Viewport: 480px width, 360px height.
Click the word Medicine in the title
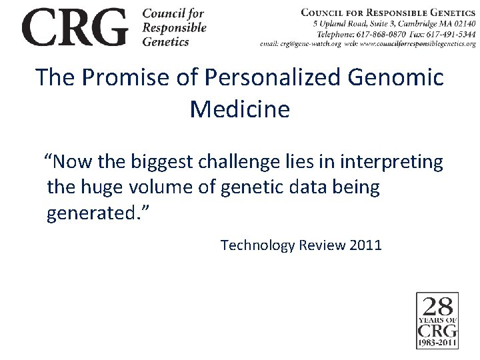pos(240,109)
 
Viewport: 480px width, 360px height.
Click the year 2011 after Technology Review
pos(365,245)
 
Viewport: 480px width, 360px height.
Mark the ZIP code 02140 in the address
pos(463,23)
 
